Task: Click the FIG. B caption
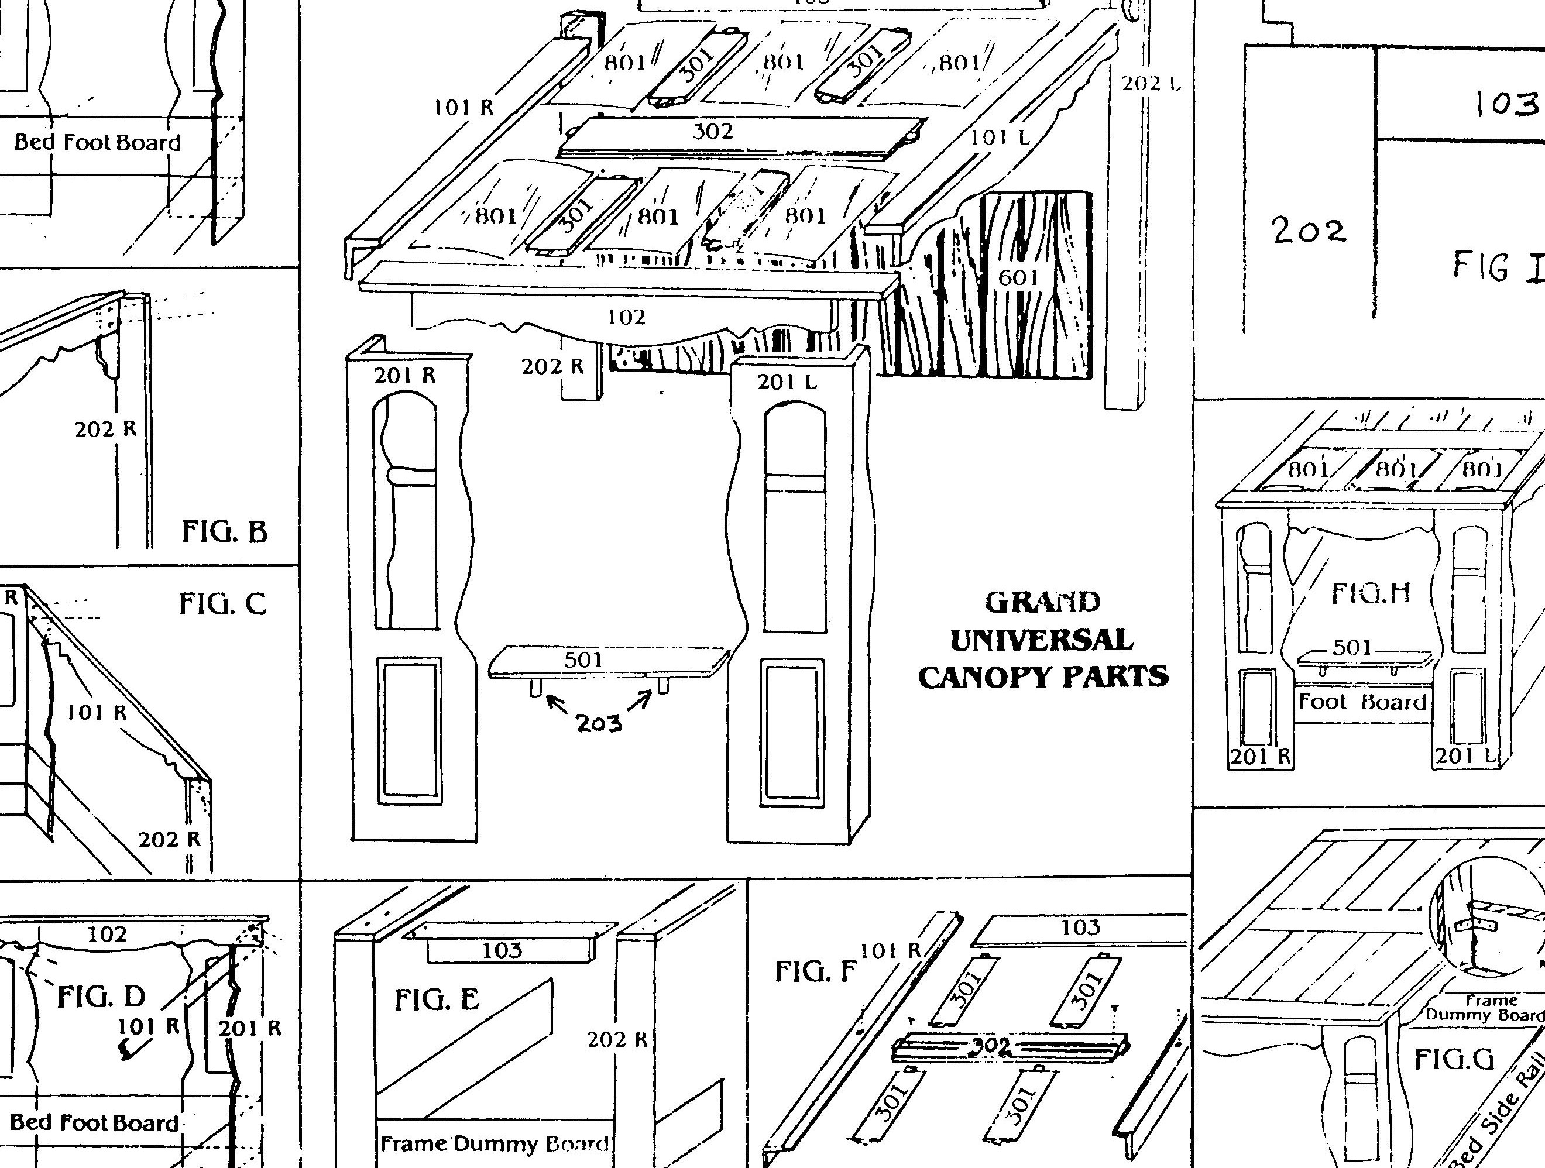(x=224, y=533)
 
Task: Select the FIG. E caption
(x=437, y=1000)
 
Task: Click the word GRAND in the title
(x=1043, y=602)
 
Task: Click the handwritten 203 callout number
(x=599, y=724)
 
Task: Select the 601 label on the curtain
(x=1018, y=278)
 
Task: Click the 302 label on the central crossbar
(x=712, y=131)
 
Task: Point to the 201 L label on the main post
(x=787, y=382)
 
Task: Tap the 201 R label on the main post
(x=405, y=376)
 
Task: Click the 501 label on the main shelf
(x=583, y=659)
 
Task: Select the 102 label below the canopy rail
(x=627, y=318)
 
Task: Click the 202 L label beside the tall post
(x=1151, y=84)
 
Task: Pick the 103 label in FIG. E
(x=502, y=950)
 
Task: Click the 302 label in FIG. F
(x=992, y=1046)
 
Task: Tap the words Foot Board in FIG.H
(x=1361, y=702)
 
